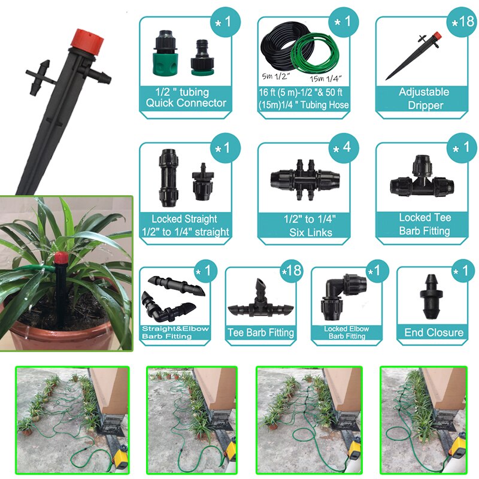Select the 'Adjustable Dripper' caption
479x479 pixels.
click(424, 98)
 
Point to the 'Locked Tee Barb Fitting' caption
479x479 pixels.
click(425, 225)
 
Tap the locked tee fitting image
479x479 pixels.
click(423, 180)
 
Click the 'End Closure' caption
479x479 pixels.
click(434, 332)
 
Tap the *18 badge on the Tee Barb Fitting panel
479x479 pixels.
click(288, 273)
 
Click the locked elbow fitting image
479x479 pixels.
click(344, 297)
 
